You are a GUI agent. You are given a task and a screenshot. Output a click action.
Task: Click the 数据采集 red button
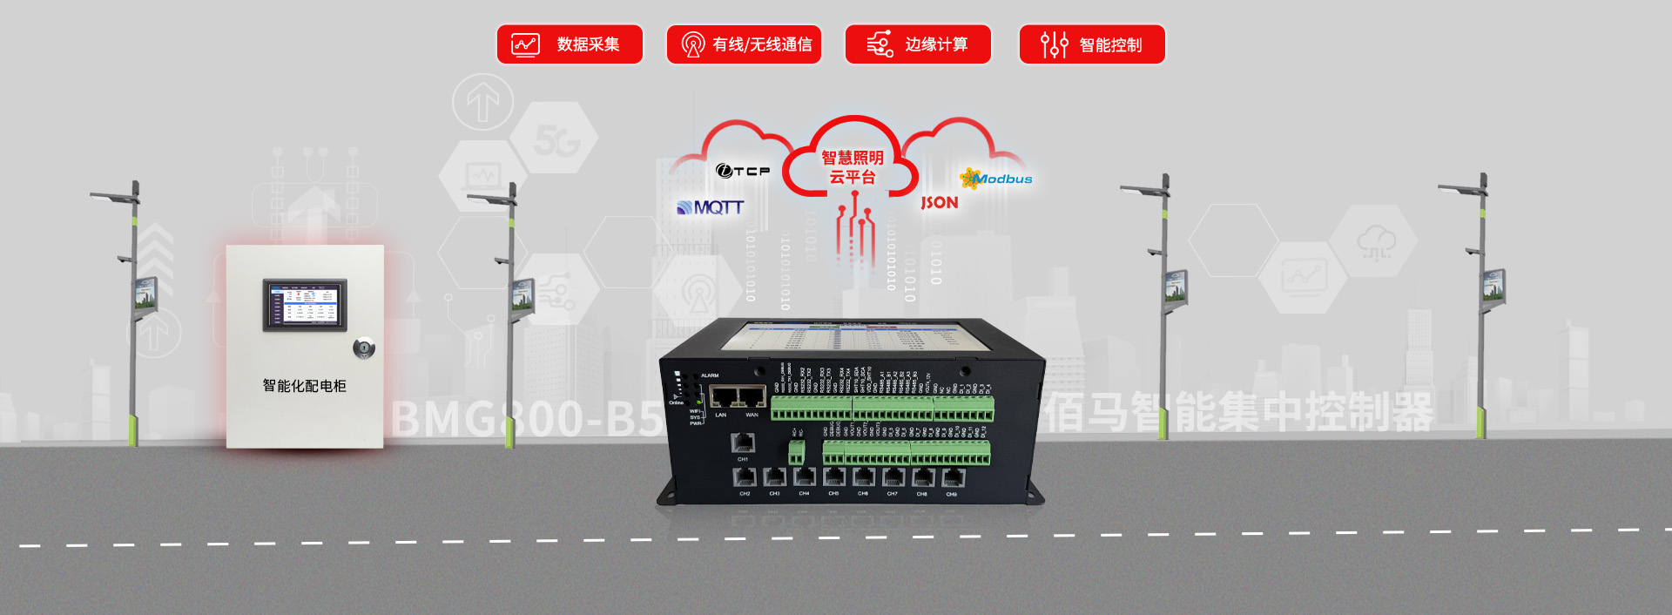pyautogui.click(x=570, y=44)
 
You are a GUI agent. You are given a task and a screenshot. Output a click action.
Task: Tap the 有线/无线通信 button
pyautogui.click(x=744, y=44)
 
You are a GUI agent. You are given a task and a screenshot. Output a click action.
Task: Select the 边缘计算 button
pyautogui.click(x=918, y=44)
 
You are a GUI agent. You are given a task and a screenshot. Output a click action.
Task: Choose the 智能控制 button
pyautogui.click(x=1092, y=44)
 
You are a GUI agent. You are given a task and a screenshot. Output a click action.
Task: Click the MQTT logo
pyautogui.click(x=711, y=207)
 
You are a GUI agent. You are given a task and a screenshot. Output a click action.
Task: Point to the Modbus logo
pyautogui.click(x=996, y=179)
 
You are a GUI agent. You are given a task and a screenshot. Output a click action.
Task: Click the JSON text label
pyautogui.click(x=940, y=203)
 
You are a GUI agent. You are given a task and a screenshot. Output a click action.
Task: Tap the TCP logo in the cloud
pyautogui.click(x=743, y=171)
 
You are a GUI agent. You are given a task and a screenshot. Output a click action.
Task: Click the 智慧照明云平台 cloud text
pyautogui.click(x=853, y=167)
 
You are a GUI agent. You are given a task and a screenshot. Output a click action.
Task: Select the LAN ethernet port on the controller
pyautogui.click(x=724, y=397)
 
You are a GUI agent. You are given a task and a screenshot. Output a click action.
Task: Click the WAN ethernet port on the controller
pyautogui.click(x=752, y=397)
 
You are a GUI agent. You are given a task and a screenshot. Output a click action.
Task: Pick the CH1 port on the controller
pyautogui.click(x=743, y=443)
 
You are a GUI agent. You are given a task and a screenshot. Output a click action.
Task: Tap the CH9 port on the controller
pyautogui.click(x=953, y=477)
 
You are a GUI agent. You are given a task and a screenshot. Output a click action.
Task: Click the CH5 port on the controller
pyautogui.click(x=834, y=477)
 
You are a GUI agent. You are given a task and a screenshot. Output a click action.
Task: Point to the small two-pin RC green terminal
pyautogui.click(x=796, y=451)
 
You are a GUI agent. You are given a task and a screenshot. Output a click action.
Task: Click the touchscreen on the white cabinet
pyautogui.click(x=305, y=305)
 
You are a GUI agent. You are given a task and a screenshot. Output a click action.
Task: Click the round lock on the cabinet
pyautogui.click(x=364, y=348)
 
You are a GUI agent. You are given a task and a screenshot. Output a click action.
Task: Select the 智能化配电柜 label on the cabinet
pyautogui.click(x=305, y=386)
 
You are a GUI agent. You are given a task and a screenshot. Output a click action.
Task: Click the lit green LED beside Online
pyautogui.click(x=677, y=395)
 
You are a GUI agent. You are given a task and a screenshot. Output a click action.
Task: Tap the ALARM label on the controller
pyautogui.click(x=710, y=375)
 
